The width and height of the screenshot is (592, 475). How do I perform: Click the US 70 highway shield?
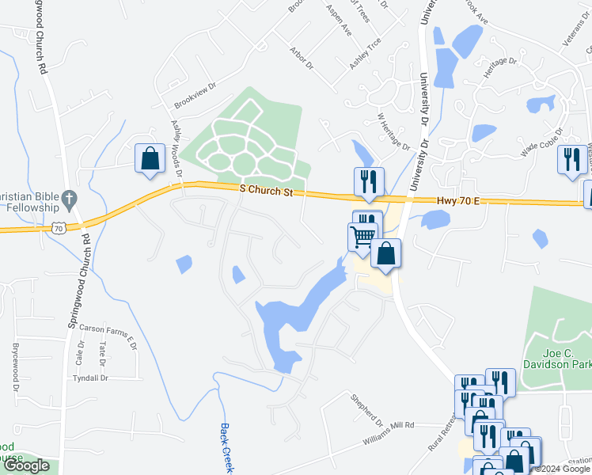[x=59, y=227]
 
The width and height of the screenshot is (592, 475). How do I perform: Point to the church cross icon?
[x=69, y=198]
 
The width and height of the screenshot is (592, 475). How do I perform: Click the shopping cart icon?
[x=362, y=237]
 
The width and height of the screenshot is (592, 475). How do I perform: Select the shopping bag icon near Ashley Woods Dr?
[x=149, y=158]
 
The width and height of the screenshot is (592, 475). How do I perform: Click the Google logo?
[x=26, y=465]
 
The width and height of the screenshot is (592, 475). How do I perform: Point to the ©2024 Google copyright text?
[x=560, y=469]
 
